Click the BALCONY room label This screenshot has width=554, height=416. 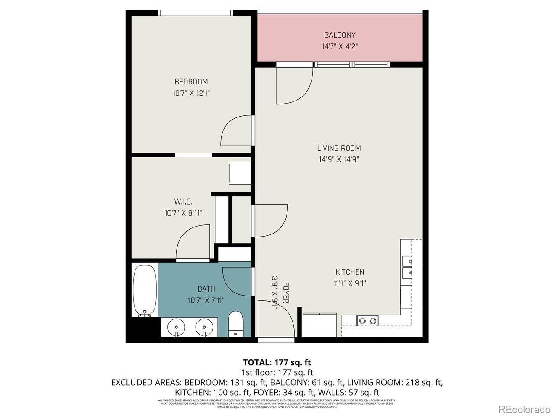tap(340, 35)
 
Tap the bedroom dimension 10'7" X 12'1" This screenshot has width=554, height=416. tap(191, 93)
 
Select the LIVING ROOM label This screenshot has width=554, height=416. tap(338, 148)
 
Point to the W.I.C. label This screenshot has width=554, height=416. tap(183, 201)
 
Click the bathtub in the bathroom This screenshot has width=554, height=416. tap(145, 290)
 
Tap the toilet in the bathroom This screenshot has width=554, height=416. tap(236, 323)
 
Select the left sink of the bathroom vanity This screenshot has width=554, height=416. tap(176, 326)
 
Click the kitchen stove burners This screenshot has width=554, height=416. tap(367, 321)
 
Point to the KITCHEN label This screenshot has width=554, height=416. tap(350, 272)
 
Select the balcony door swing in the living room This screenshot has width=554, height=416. tap(294, 85)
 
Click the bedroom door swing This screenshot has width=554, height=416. tap(236, 131)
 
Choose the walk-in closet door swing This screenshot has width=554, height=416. tap(193, 243)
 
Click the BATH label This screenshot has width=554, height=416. tap(206, 289)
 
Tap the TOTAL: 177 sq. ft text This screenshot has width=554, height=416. tap(277, 362)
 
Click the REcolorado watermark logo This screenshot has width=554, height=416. tap(524, 409)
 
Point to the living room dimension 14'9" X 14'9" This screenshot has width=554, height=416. tap(339, 159)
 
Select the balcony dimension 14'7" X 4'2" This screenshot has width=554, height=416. tap(340, 46)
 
